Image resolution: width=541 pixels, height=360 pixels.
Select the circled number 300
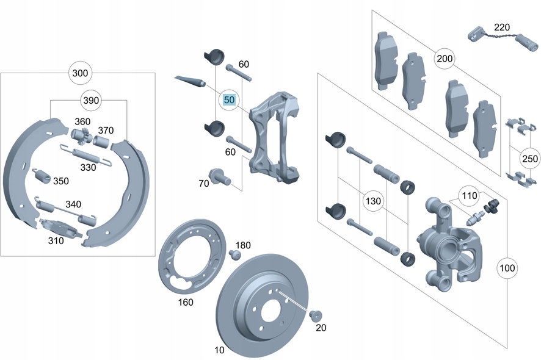tap(80, 73)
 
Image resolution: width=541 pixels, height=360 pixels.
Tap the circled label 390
tap(90, 99)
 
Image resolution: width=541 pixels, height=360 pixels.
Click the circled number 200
tap(445, 59)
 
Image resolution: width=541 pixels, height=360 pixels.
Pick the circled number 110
tap(468, 196)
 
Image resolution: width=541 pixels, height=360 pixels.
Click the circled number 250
tap(529, 158)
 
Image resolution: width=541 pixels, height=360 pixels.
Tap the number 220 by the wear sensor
tap(501, 27)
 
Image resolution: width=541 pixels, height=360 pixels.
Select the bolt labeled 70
tap(218, 177)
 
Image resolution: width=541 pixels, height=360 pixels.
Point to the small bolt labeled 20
tap(316, 315)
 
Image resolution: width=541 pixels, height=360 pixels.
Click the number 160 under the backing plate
tap(185, 302)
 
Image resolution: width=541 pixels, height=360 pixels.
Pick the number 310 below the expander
tap(56, 240)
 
